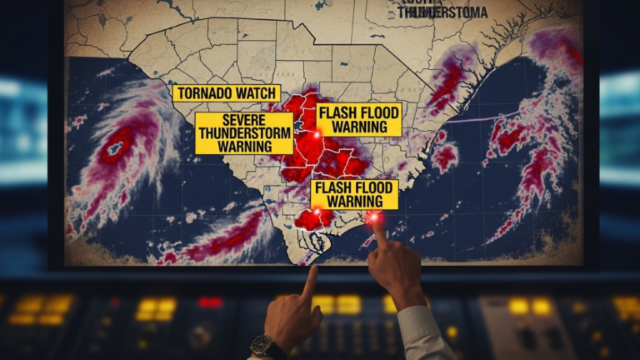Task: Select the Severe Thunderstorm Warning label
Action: (x=244, y=133)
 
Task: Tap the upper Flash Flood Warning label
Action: (x=358, y=119)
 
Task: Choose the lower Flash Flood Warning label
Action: (x=354, y=194)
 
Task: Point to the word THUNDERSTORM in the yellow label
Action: (x=244, y=133)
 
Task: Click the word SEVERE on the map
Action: (x=244, y=120)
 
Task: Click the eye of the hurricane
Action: (x=114, y=151)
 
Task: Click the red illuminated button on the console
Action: (x=210, y=302)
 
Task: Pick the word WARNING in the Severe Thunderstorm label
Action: (x=244, y=147)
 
